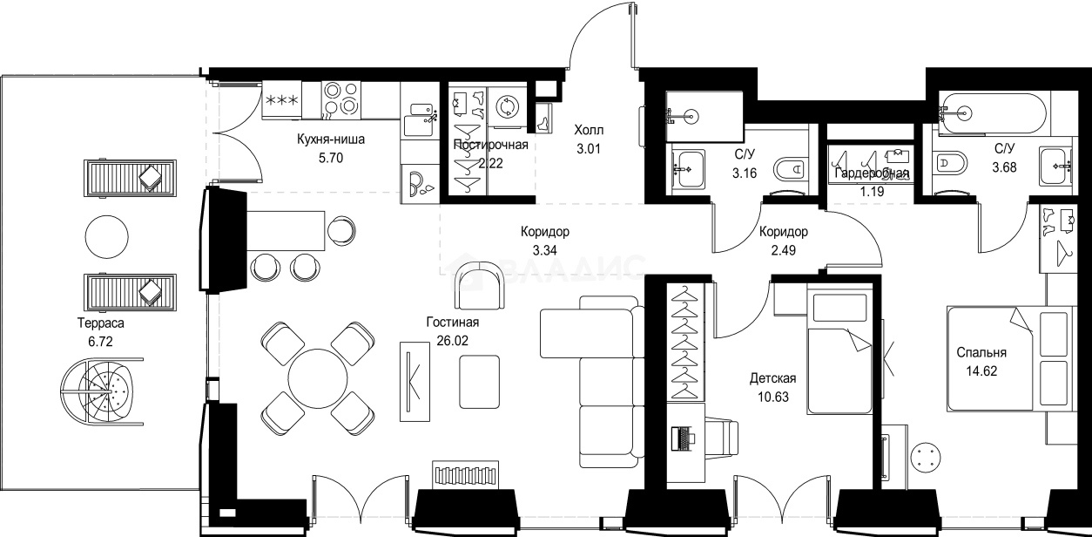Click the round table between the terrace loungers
coord(111,235)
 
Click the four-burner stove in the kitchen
coord(340,99)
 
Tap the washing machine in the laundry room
coord(506,106)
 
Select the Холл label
coord(588,130)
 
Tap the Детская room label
coord(772,379)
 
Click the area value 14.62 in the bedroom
coord(981,370)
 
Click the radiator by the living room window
coord(462,476)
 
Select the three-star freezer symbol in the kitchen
coord(281,99)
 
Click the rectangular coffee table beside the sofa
coord(479,382)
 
